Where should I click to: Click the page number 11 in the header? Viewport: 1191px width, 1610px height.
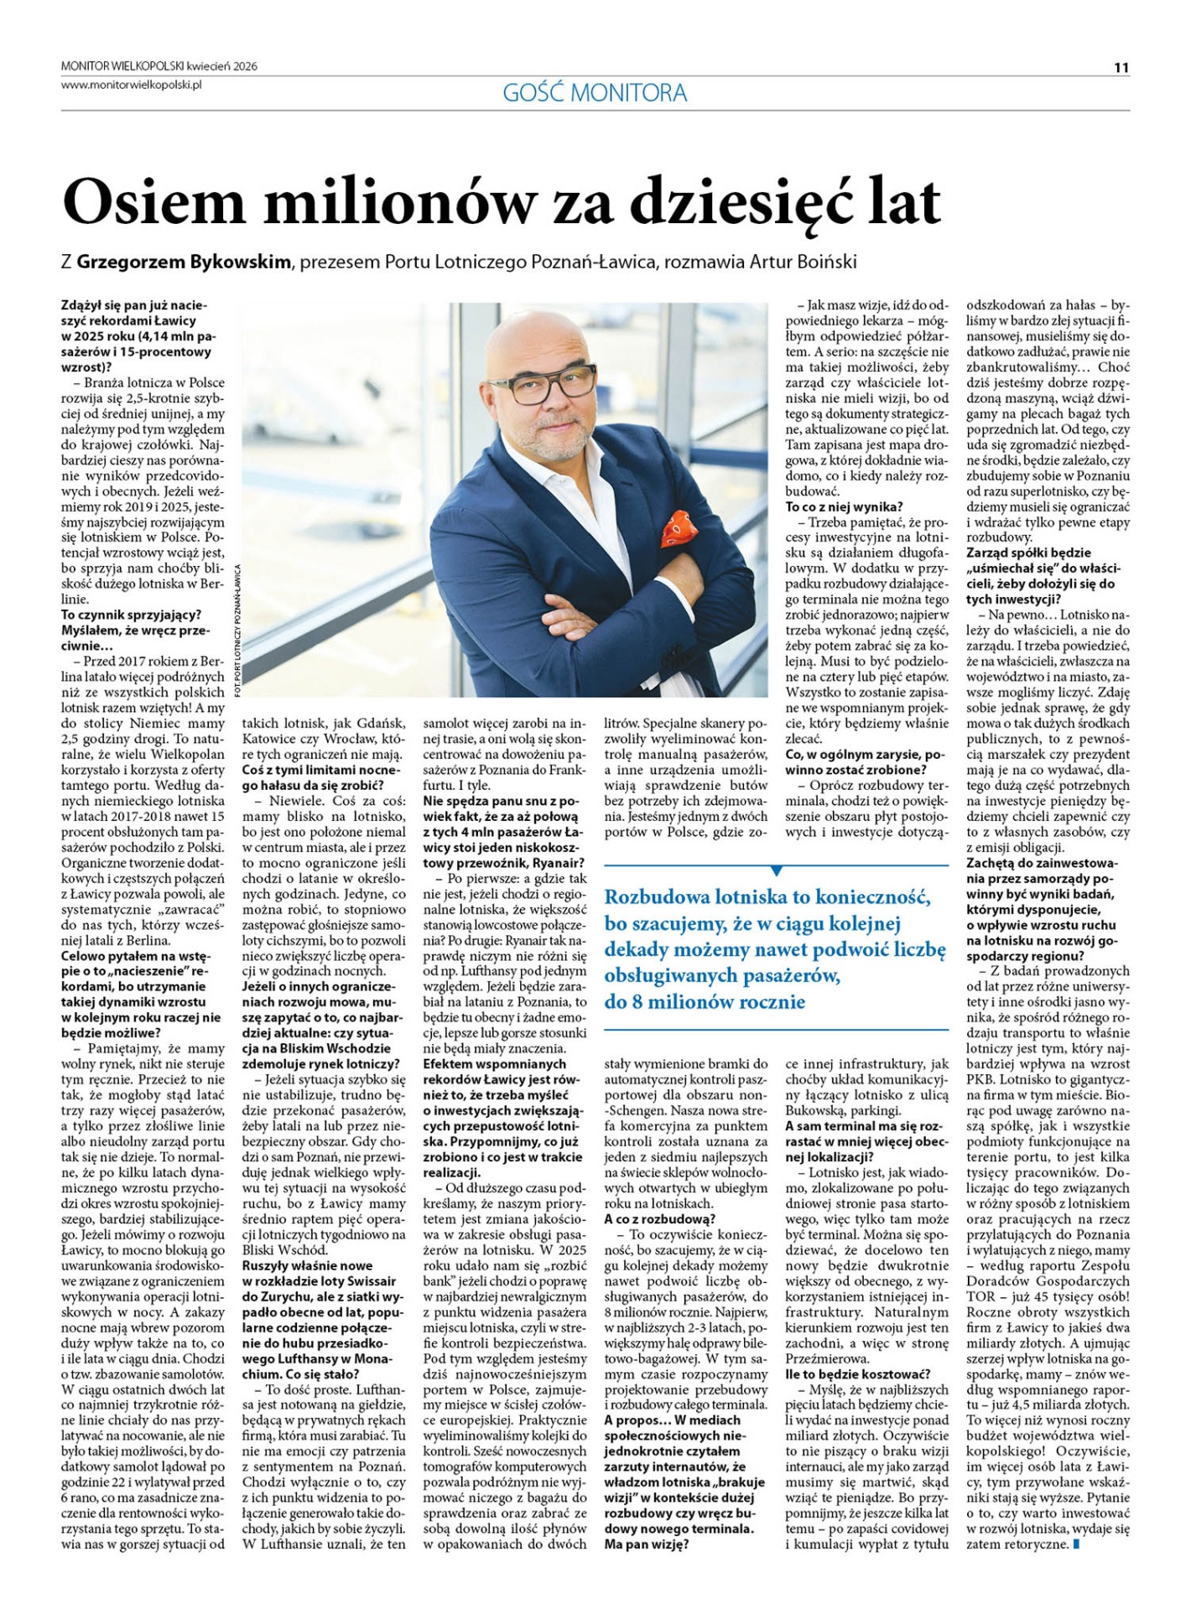coord(1121,68)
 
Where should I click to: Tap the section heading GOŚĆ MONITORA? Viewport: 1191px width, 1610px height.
coord(595,92)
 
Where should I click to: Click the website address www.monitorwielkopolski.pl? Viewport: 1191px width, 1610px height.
coord(132,85)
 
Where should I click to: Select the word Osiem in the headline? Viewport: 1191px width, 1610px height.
coord(153,202)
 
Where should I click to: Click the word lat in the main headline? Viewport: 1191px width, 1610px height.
coord(904,202)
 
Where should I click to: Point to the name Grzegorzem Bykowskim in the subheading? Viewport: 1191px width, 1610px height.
coord(184,262)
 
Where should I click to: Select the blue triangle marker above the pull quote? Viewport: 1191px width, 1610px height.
coord(777,870)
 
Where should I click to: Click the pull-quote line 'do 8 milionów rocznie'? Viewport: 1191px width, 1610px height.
coord(705,1001)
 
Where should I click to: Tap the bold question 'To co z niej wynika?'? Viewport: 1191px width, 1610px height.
coord(844,506)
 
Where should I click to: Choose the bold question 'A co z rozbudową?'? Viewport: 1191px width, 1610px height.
coord(660,1218)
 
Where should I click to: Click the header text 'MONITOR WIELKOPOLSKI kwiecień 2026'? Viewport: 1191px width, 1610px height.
coord(159,66)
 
